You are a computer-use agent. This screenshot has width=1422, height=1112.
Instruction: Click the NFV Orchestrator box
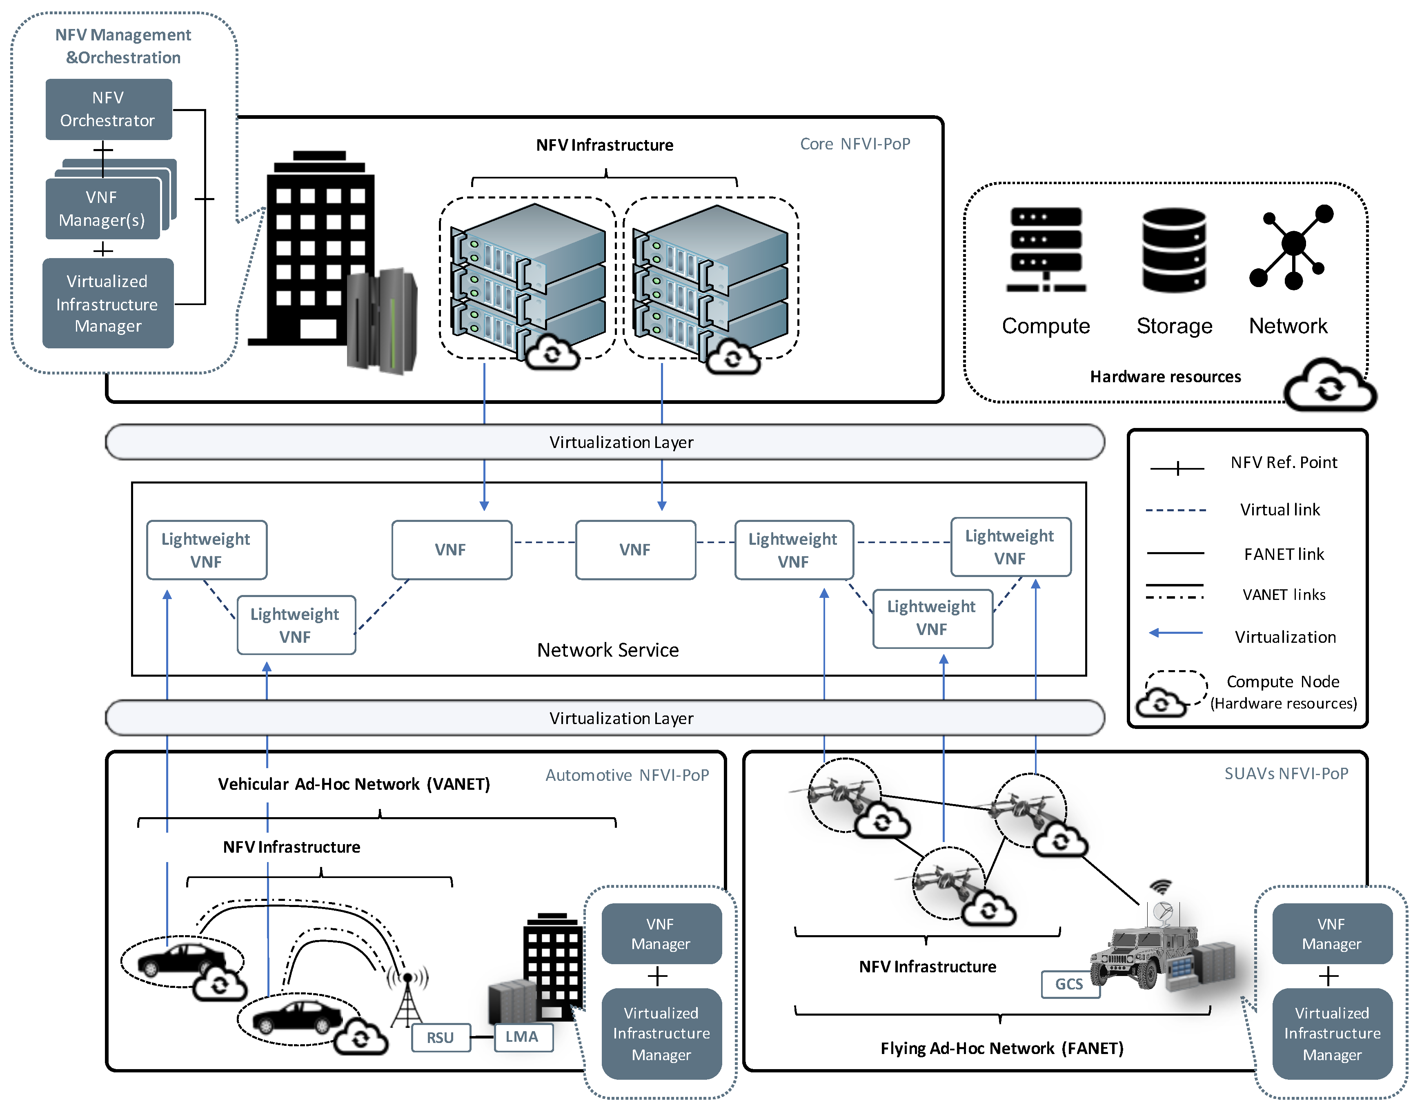click(108, 109)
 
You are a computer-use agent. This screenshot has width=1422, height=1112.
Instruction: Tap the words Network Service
click(608, 649)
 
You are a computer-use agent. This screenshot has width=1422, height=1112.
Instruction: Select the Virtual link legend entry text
click(1280, 509)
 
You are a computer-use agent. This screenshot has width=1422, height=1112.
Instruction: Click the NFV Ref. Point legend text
click(1283, 463)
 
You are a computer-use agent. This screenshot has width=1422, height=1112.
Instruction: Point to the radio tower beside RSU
click(407, 997)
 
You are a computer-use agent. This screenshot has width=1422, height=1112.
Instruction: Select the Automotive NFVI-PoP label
click(627, 775)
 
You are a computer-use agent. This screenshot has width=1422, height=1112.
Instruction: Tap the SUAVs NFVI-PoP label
click(1286, 773)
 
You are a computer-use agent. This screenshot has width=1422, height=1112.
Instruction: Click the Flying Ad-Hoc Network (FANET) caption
click(1001, 1048)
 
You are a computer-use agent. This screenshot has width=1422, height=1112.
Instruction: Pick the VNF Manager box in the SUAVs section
click(1331, 934)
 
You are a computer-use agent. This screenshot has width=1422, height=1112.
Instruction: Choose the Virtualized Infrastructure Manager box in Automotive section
click(661, 1033)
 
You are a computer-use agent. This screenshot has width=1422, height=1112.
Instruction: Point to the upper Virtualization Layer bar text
click(621, 442)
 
